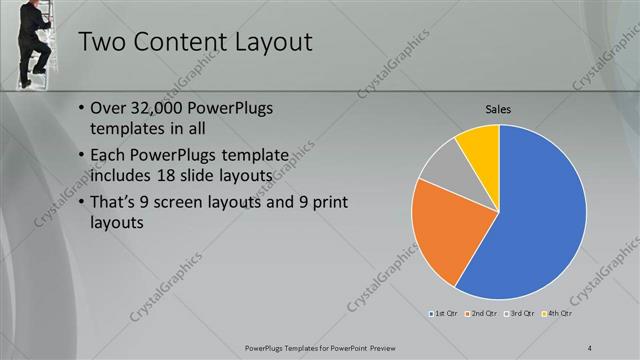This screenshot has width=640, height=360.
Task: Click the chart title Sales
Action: [x=499, y=109]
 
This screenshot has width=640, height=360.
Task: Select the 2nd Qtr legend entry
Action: [x=482, y=314]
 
